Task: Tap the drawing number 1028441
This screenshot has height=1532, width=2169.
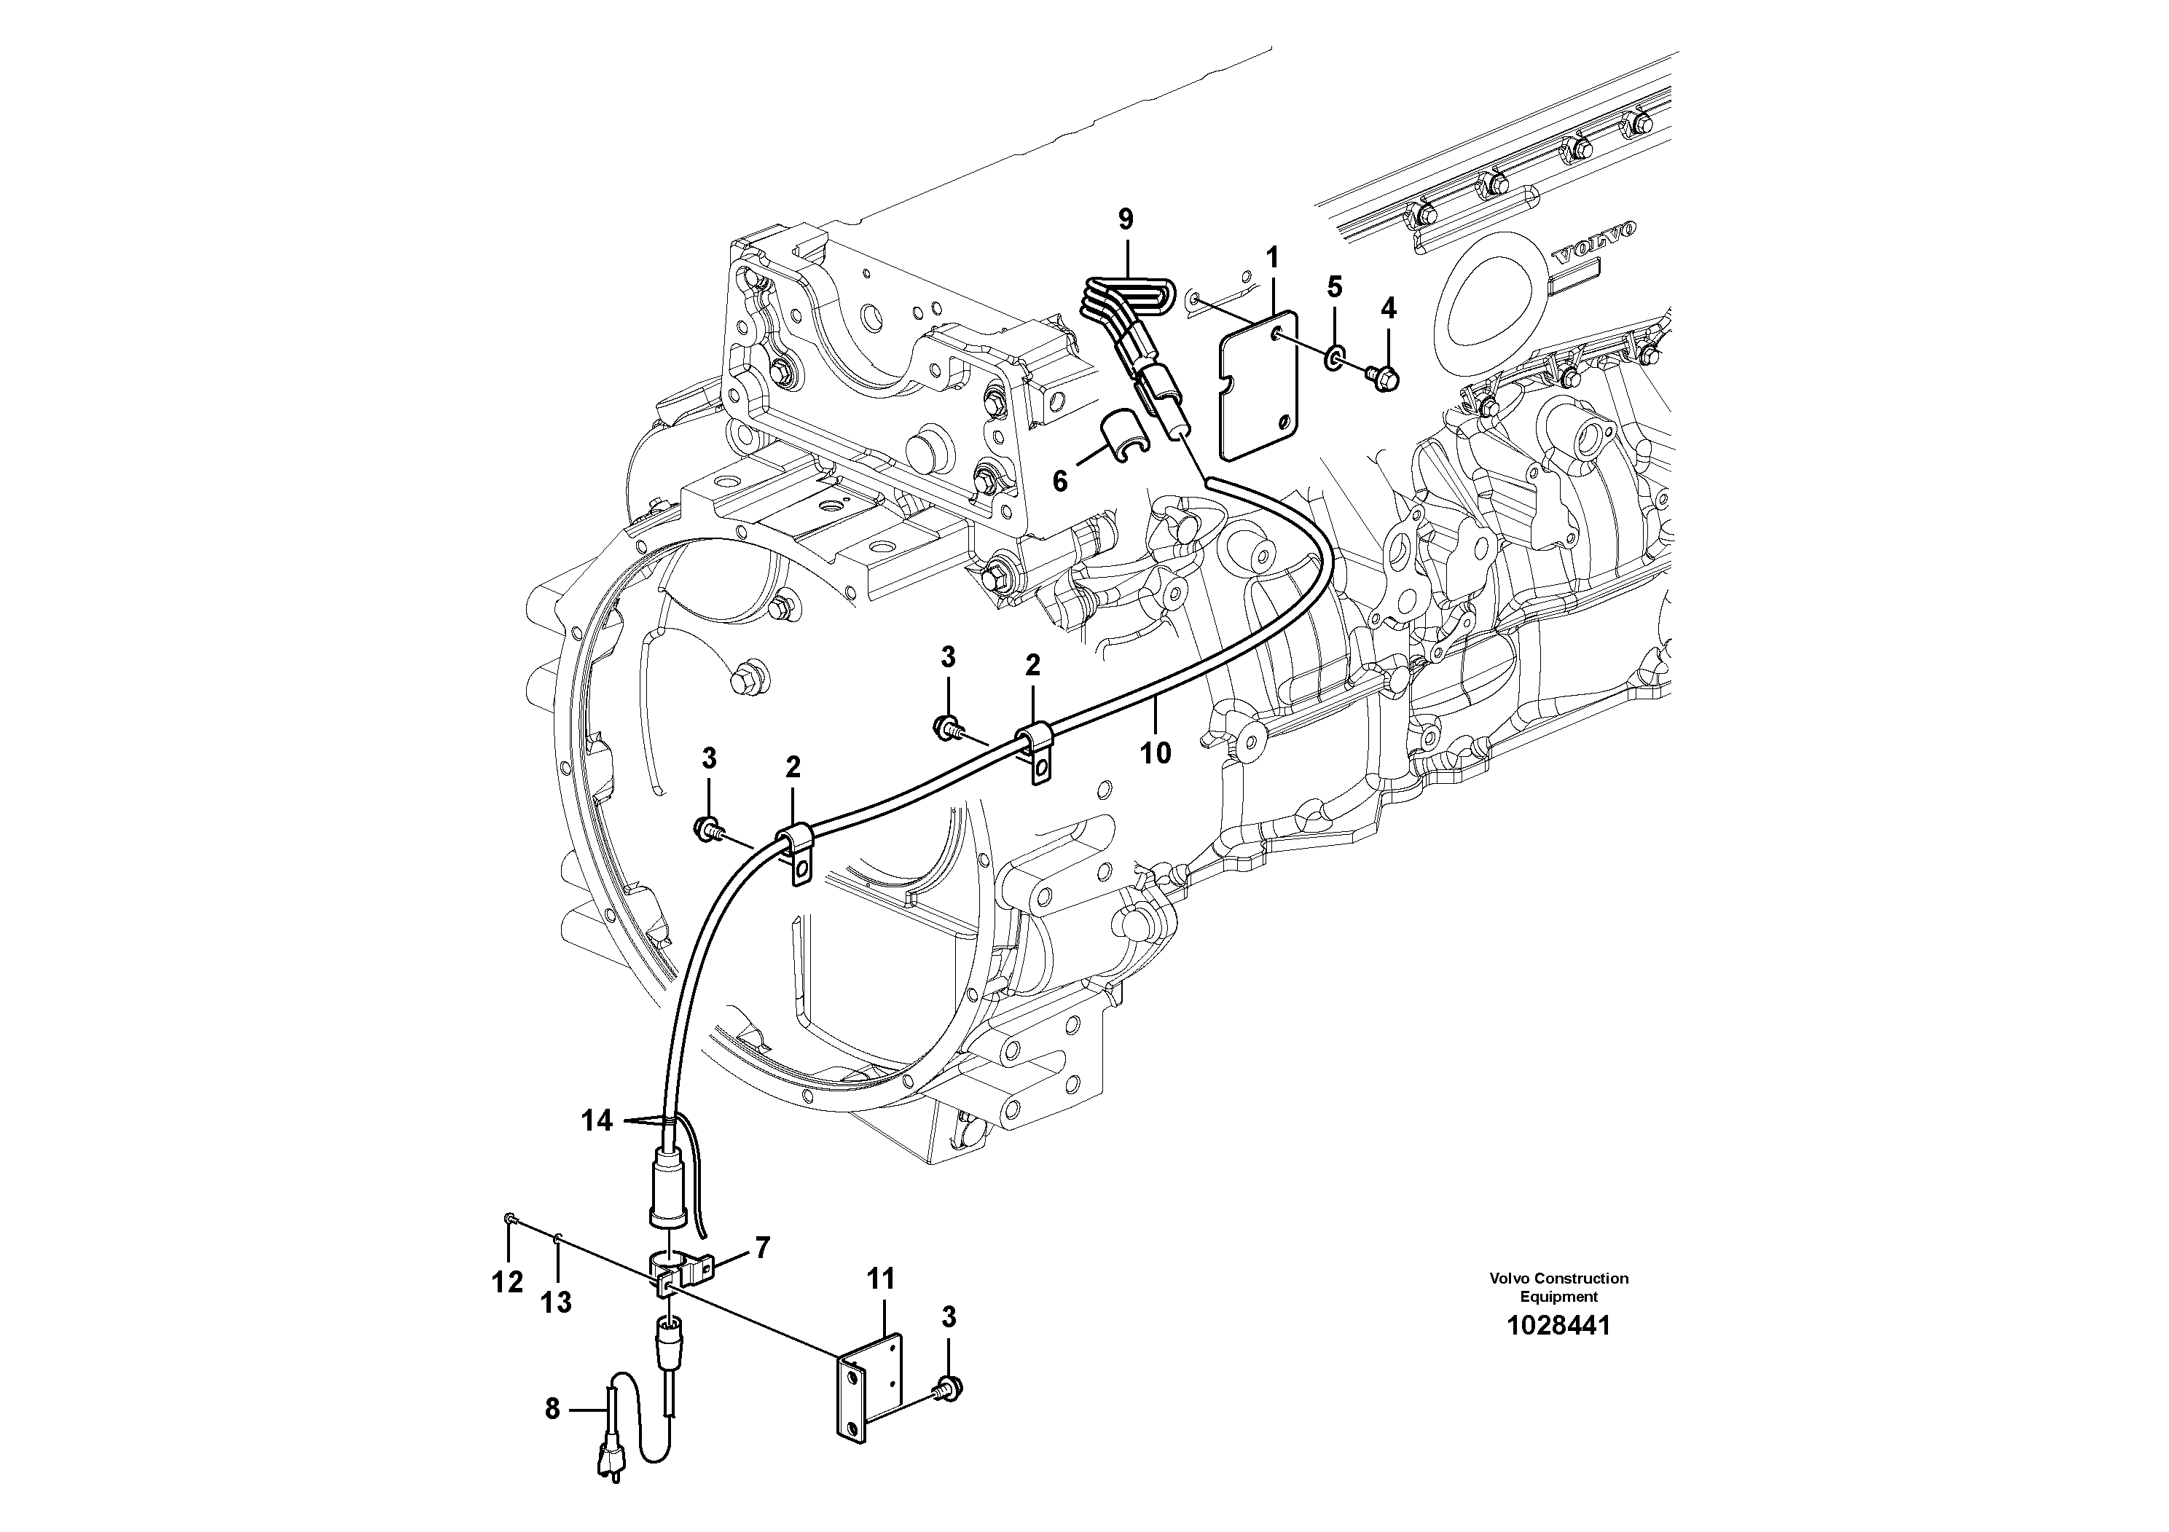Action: [1558, 1326]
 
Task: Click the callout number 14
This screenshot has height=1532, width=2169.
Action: [597, 1121]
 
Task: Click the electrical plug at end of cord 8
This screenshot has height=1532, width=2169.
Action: [605, 1490]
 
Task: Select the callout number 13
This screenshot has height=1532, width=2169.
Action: [557, 1303]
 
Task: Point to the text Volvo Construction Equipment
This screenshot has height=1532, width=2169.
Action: [1558, 1287]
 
